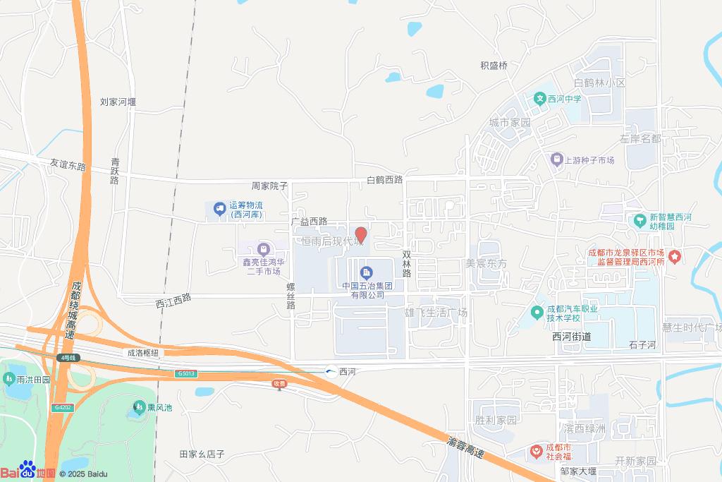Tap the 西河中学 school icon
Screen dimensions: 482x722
[x=540, y=98]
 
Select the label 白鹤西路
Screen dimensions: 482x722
[x=384, y=179]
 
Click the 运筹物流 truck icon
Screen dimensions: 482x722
[x=220, y=208]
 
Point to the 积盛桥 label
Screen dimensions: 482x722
[x=494, y=66]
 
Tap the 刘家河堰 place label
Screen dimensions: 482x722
[x=118, y=102]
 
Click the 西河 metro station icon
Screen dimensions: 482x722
[x=331, y=371]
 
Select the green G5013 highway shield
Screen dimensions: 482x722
[x=187, y=373]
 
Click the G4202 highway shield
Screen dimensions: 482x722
[x=62, y=407]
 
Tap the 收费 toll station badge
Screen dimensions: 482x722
[x=280, y=383]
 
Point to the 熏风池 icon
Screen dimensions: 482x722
[x=138, y=407]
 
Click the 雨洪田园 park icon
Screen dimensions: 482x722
[x=9, y=379]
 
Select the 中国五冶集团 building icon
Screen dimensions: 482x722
[x=366, y=272]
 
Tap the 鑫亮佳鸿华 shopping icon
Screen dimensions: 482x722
[x=264, y=249]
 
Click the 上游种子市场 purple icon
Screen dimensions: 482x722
[x=557, y=160]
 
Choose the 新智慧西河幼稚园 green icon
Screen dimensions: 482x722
[x=640, y=220]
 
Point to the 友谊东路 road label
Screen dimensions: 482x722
[x=68, y=166]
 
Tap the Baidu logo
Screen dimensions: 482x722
[x=28, y=471]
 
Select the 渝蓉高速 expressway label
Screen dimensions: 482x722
[x=465, y=447]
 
